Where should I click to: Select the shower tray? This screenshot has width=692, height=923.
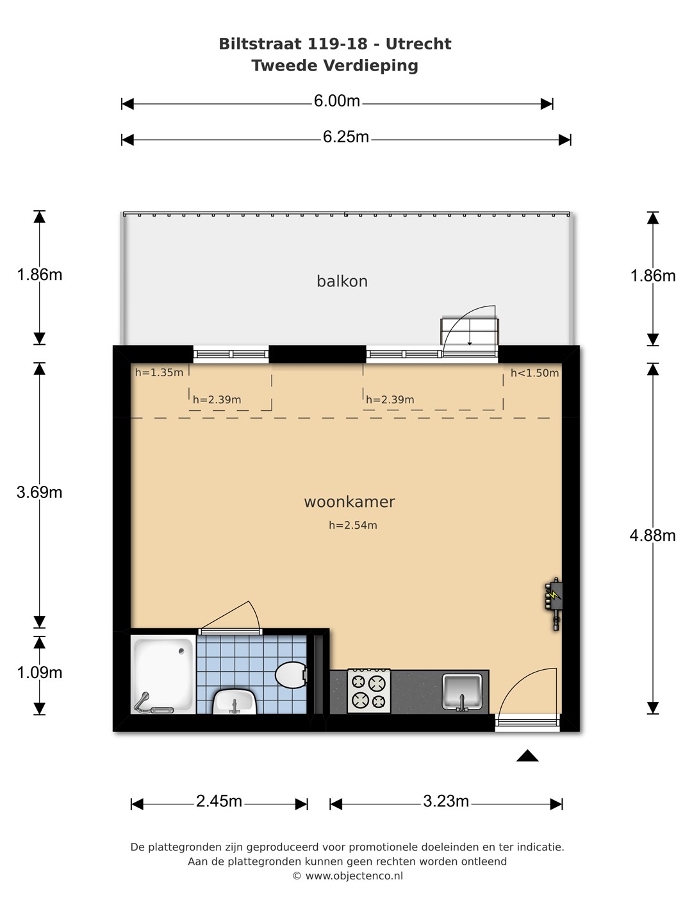163,674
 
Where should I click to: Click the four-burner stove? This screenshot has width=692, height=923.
369,692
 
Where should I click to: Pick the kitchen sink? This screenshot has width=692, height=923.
462,692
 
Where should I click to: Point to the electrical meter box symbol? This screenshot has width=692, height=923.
554,603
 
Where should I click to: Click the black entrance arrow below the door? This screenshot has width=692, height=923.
527,756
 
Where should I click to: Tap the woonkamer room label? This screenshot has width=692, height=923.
350,502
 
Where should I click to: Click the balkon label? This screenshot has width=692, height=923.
342,281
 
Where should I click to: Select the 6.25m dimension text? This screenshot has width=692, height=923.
346,137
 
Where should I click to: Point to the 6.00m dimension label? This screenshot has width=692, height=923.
337,101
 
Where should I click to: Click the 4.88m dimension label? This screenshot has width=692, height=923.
652,535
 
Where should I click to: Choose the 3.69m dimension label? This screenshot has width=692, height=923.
40,492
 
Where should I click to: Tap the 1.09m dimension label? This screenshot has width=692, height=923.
40,672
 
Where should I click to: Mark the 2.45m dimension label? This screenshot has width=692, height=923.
219,801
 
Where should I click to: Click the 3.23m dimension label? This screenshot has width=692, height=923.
446,801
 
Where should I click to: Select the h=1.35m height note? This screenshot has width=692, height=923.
160,372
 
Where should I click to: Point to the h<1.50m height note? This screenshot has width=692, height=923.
535,373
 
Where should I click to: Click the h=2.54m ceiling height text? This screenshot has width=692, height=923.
353,525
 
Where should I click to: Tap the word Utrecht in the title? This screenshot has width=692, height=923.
418,44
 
